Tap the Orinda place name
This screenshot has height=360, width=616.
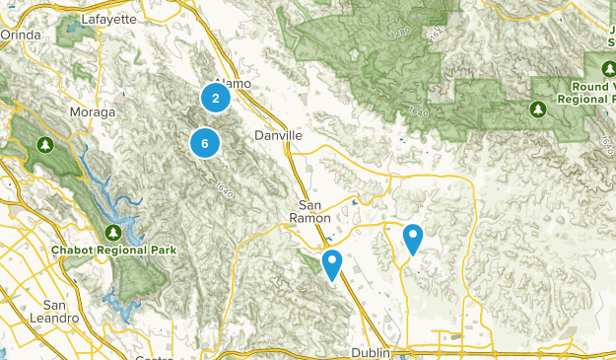point(21,35)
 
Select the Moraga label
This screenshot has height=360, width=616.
point(92,112)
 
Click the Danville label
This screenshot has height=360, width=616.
point(278,134)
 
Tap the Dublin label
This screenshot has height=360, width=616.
point(373,352)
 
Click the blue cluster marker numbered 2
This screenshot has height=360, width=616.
point(215,98)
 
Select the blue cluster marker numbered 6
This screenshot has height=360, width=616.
point(204,143)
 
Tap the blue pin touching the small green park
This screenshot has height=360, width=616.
point(332,264)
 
